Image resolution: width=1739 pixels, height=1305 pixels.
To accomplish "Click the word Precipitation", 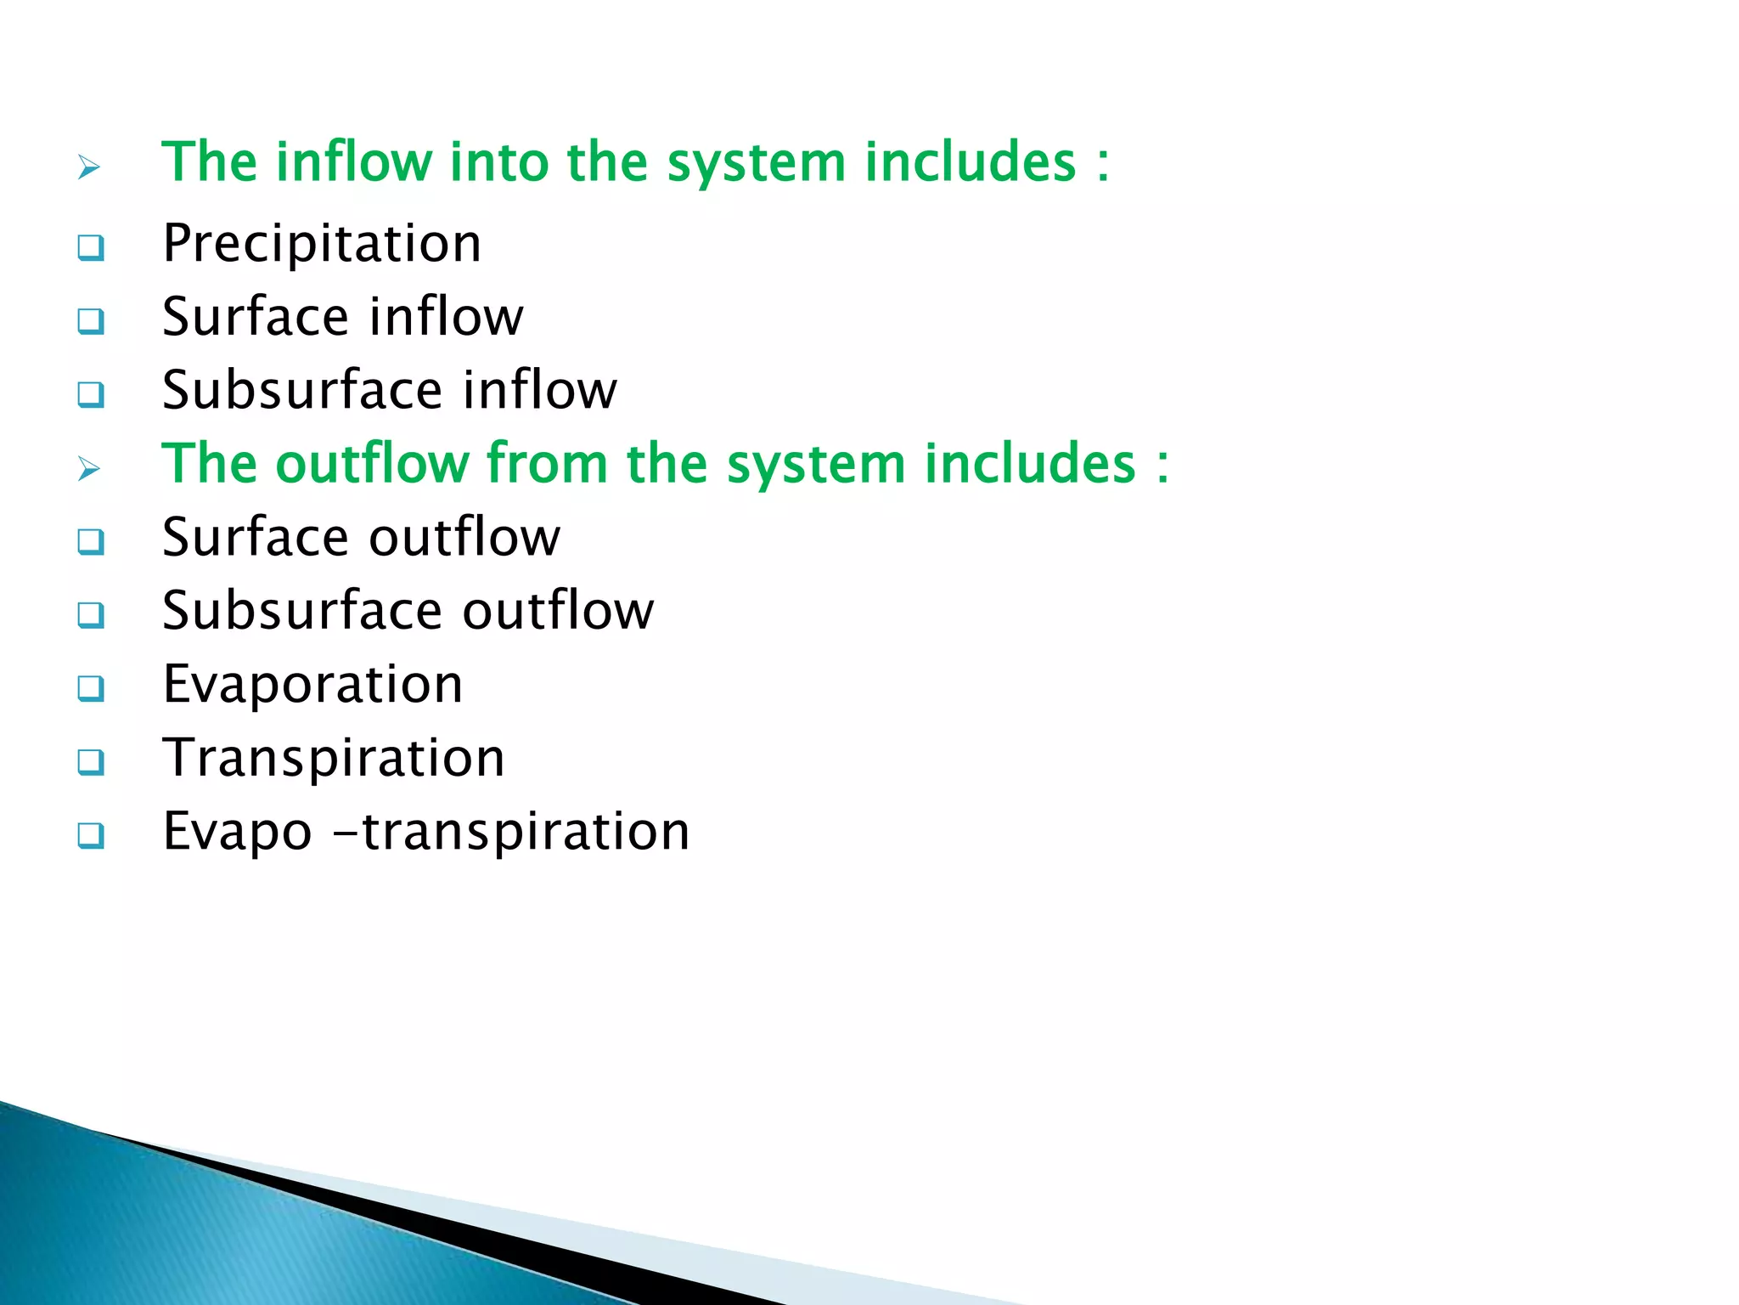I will (x=322, y=244).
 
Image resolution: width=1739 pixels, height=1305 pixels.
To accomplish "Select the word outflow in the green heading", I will (x=373, y=464).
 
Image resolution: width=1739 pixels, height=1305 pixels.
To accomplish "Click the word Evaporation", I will (x=312, y=685).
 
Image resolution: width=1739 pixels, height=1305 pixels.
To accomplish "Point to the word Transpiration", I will (x=334, y=758).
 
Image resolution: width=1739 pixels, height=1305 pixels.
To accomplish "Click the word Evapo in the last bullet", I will (x=237, y=833).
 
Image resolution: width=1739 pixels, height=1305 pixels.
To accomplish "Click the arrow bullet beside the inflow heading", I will (x=89, y=167).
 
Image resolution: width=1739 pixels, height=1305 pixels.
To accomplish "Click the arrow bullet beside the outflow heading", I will (x=89, y=468).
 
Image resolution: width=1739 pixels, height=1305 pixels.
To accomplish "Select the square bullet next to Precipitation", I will (x=91, y=248).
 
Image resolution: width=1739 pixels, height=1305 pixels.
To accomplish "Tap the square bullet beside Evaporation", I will (x=91, y=688).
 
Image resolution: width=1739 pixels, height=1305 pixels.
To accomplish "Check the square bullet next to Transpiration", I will (x=91, y=762).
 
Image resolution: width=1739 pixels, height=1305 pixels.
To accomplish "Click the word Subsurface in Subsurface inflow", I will (x=302, y=390).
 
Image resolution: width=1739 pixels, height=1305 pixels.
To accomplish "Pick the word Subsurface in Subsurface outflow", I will (x=302, y=611).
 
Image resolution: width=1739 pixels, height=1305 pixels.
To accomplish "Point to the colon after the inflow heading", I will (x=1102, y=164).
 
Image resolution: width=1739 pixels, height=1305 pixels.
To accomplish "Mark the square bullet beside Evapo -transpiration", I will (x=91, y=835).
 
